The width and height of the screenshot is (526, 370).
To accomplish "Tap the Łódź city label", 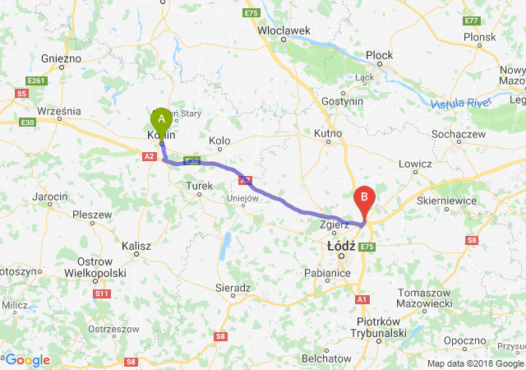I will (x=339, y=246).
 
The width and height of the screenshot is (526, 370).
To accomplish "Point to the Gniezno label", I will (x=61, y=59).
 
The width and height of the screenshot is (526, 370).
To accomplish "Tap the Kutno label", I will (x=328, y=132).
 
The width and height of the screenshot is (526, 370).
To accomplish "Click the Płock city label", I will (x=380, y=55).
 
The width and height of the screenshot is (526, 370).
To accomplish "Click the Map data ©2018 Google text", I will (x=475, y=363).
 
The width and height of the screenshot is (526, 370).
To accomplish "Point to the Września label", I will (x=59, y=109).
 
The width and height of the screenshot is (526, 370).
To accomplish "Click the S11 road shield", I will (x=102, y=293).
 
